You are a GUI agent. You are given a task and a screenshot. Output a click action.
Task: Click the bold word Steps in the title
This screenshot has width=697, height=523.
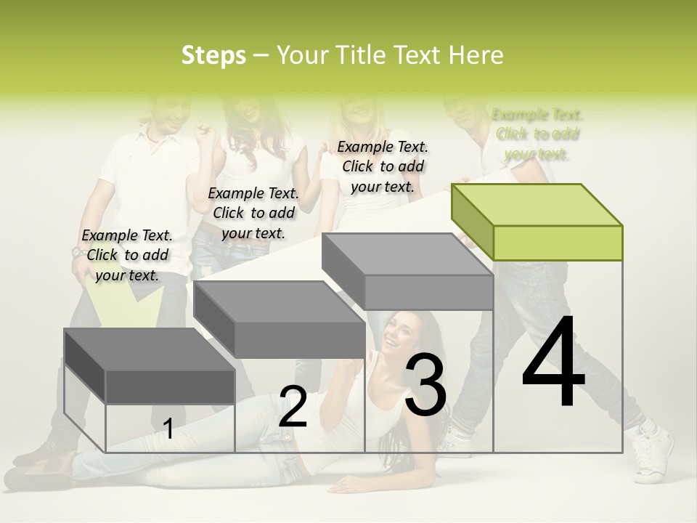[x=213, y=55]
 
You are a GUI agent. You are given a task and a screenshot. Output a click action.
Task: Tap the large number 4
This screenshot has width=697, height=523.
[x=553, y=363]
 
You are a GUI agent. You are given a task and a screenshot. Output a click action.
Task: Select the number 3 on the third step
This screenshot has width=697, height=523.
[x=426, y=385]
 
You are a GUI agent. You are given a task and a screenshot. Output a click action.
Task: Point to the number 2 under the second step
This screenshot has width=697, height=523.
[x=293, y=407]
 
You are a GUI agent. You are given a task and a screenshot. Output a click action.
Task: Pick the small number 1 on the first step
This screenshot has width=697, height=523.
[x=168, y=429]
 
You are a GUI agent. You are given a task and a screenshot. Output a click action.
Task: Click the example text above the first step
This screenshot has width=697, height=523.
[x=128, y=255]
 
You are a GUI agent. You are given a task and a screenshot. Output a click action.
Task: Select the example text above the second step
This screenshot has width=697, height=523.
[x=253, y=213]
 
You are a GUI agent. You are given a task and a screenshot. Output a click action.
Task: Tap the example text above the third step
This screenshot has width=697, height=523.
[x=383, y=166]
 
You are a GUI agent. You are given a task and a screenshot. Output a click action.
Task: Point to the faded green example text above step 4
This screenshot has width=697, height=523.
[x=537, y=134]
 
